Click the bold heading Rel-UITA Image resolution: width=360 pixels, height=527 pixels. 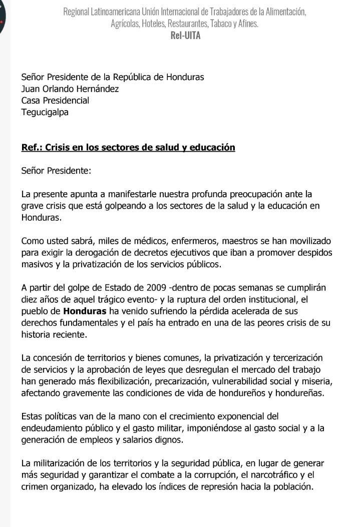pyautogui.click(x=185, y=36)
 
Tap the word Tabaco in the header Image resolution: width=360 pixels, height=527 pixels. pyautogui.click(x=217, y=24)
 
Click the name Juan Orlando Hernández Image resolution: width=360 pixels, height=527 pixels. pyautogui.click(x=70, y=89)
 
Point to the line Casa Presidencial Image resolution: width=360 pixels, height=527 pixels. pyautogui.click(x=55, y=101)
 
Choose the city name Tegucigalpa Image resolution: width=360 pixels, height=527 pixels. pyautogui.click(x=45, y=112)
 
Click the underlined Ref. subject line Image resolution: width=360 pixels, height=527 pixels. pyautogui.click(x=128, y=148)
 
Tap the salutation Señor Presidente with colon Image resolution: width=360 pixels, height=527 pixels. pyautogui.click(x=57, y=171)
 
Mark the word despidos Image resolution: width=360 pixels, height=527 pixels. pyautogui.click(x=314, y=253)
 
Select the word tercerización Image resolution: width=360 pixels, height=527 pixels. pyautogui.click(x=297, y=359)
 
